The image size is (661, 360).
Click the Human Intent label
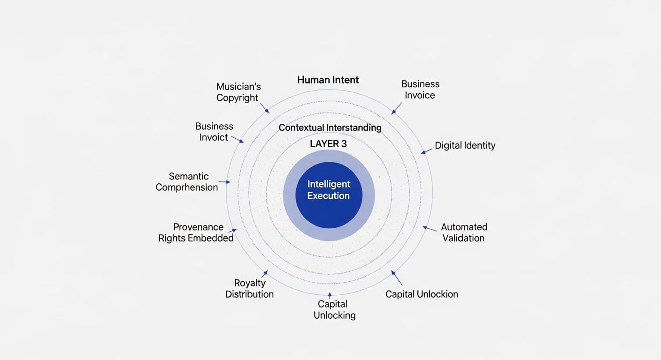click(x=328, y=80)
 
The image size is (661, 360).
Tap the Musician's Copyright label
click(x=238, y=92)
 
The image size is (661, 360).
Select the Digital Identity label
click(x=465, y=145)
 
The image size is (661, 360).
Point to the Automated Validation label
click(x=464, y=232)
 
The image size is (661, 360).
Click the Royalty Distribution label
click(x=249, y=289)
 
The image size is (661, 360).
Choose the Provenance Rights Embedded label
click(x=196, y=232)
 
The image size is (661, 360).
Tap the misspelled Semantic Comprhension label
click(x=187, y=182)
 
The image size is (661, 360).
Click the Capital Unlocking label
click(x=334, y=310)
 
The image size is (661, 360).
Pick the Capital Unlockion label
click(x=422, y=294)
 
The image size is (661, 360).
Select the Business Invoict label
click(x=214, y=132)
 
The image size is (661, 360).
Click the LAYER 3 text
click(x=328, y=144)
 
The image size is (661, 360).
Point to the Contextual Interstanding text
click(x=330, y=127)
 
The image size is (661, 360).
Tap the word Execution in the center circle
click(x=329, y=196)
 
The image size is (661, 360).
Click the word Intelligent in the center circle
click(x=329, y=184)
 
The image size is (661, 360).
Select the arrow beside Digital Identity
click(x=426, y=151)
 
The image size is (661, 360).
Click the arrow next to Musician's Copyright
click(x=264, y=108)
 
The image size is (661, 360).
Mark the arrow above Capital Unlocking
click(x=330, y=295)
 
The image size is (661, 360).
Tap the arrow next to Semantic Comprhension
click(x=224, y=182)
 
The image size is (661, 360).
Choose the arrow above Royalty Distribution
click(x=264, y=274)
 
